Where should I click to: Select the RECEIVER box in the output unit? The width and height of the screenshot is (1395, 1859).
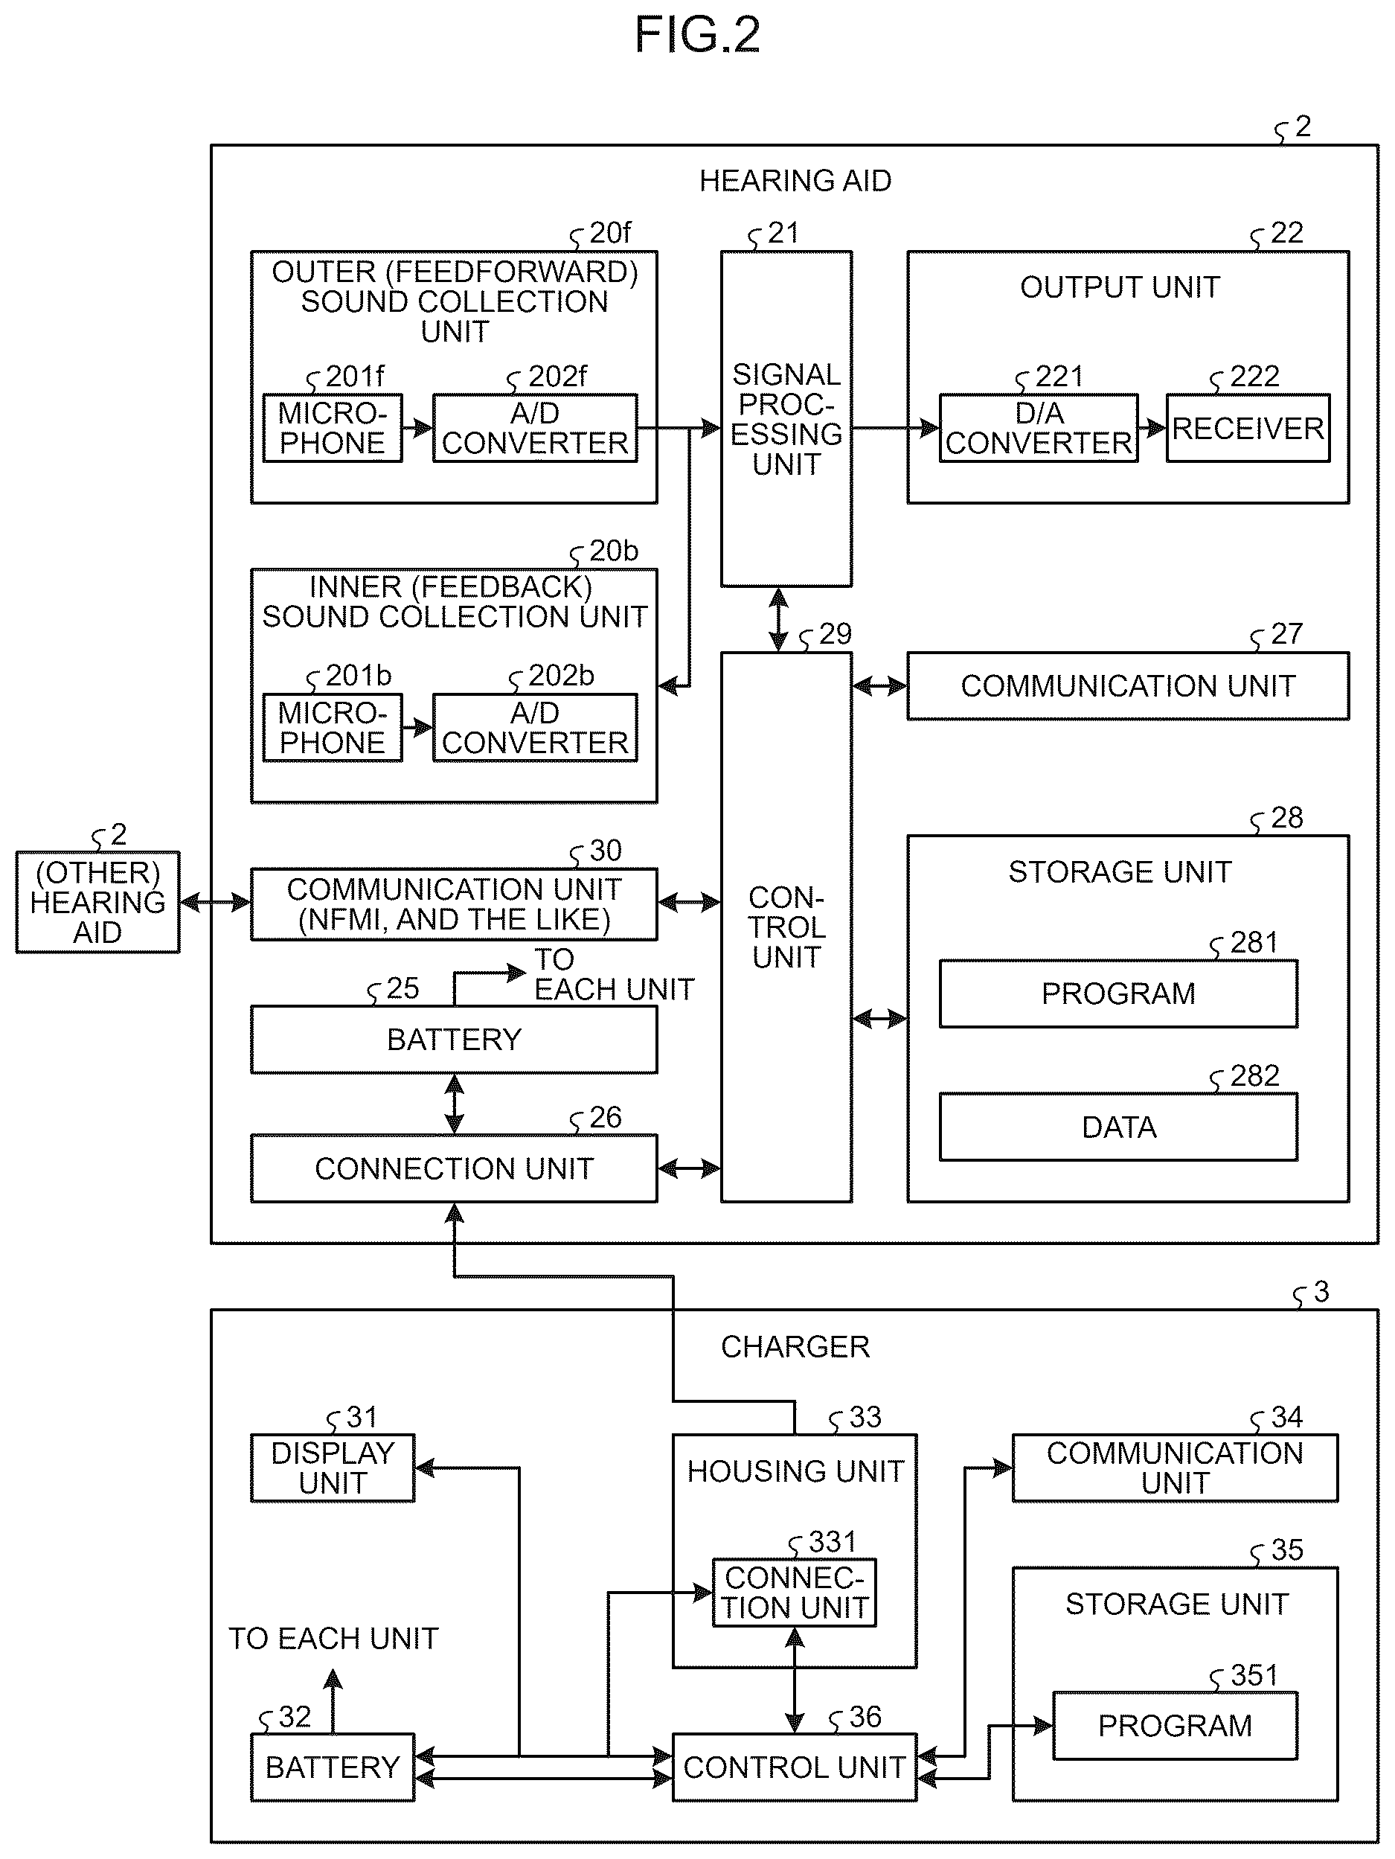click(1248, 428)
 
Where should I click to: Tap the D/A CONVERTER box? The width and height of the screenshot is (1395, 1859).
click(1039, 428)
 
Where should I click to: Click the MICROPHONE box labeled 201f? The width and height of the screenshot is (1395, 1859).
click(333, 428)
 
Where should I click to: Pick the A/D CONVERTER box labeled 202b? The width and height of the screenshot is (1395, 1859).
click(536, 728)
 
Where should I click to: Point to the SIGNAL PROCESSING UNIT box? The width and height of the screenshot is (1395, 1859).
click(786, 418)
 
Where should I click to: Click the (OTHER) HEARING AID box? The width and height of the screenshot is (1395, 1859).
click(97, 902)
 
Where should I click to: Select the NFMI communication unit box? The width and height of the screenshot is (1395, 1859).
click(454, 904)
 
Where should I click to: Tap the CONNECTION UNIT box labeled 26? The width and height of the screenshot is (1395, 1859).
click(454, 1168)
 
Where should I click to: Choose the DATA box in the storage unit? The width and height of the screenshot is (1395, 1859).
click(1118, 1127)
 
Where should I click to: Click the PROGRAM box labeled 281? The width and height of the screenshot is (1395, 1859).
click(1118, 994)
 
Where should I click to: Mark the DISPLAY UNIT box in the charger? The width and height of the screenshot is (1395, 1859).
click(333, 1468)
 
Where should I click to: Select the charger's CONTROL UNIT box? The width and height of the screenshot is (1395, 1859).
click(794, 1767)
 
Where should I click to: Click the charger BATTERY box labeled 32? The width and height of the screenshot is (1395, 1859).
click(333, 1767)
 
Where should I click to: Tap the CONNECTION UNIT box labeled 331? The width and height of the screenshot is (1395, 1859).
click(794, 1593)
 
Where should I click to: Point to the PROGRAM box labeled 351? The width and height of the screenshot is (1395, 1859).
click(1175, 1725)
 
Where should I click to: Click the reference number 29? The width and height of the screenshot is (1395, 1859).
click(836, 633)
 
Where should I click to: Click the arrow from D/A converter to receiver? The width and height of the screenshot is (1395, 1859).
click(1152, 428)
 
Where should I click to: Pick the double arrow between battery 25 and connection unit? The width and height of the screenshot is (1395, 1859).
click(454, 1104)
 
